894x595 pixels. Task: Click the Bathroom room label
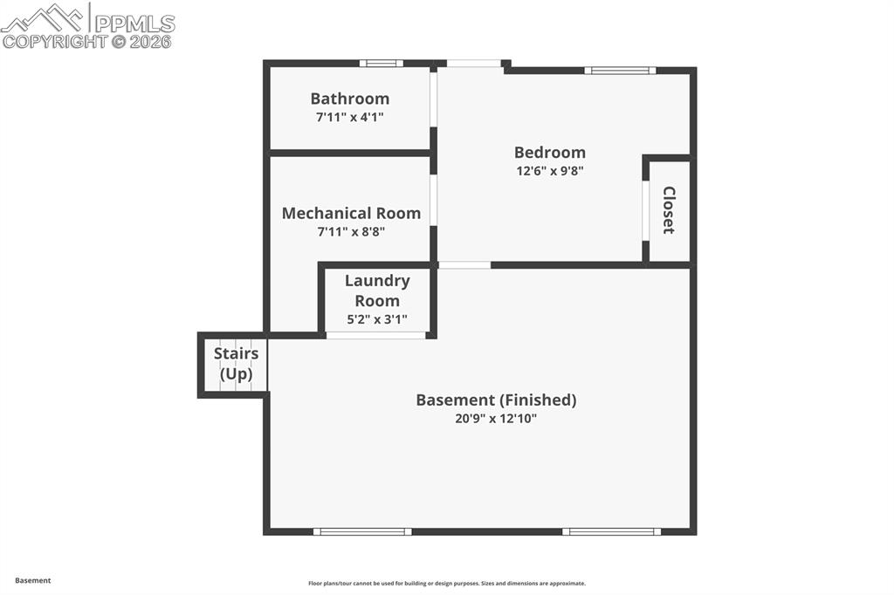coord(349,99)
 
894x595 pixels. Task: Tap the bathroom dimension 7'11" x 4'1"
coord(349,116)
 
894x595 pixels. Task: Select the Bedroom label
coord(549,152)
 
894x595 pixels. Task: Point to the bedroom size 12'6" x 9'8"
coord(549,171)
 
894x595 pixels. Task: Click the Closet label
coord(669,209)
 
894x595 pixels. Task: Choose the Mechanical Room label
coord(351,213)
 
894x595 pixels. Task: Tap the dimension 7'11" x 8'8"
coord(351,231)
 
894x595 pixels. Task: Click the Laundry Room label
coord(376,291)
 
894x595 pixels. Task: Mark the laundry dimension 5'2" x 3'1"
coord(376,318)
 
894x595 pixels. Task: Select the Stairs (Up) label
coord(236,364)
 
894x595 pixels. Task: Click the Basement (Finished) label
coord(496,400)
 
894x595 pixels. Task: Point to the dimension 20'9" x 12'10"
coord(496,418)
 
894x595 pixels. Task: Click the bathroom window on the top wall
coord(382,63)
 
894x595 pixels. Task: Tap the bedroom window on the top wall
coord(620,70)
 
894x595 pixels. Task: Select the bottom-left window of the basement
coord(362,530)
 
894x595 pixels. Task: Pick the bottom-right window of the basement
coord(611,530)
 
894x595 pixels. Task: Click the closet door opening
coord(646,209)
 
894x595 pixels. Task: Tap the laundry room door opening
coord(376,335)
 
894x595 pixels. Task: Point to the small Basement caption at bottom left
coord(33,580)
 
